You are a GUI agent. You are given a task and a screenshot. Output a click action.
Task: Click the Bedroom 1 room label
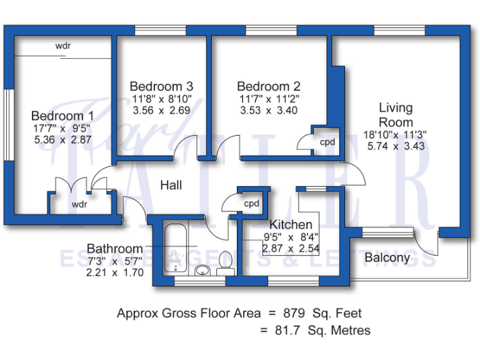pyautogui.click(x=62, y=116)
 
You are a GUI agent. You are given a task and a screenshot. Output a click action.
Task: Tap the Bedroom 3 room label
pyautogui.click(x=161, y=86)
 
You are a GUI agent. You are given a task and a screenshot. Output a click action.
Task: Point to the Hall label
pyautogui.click(x=171, y=185)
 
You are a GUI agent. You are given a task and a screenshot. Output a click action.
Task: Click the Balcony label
pyautogui.click(x=387, y=257)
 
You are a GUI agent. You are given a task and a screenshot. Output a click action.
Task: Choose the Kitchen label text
pyautogui.click(x=291, y=224)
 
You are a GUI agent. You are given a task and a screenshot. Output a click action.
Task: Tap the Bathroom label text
pyautogui.click(x=115, y=249)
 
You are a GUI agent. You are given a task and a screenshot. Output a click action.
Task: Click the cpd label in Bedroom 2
pyautogui.click(x=327, y=142)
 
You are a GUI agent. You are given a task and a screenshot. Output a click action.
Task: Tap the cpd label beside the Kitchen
pyautogui.click(x=251, y=204)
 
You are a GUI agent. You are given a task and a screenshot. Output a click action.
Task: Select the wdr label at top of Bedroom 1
pyautogui.click(x=63, y=46)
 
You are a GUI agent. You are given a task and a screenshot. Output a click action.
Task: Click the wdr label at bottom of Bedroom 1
pyautogui.click(x=79, y=204)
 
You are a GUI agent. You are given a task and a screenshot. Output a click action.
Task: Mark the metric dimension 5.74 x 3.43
pyautogui.click(x=396, y=146)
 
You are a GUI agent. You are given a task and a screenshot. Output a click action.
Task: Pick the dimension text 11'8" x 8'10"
pyautogui.click(x=161, y=99)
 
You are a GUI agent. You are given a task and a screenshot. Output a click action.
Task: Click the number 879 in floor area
pyautogui.click(x=299, y=313)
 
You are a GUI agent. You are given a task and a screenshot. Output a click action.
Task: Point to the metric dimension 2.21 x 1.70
pyautogui.click(x=115, y=272)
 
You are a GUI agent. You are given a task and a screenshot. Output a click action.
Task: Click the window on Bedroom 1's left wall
pyautogui.click(x=9, y=125)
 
